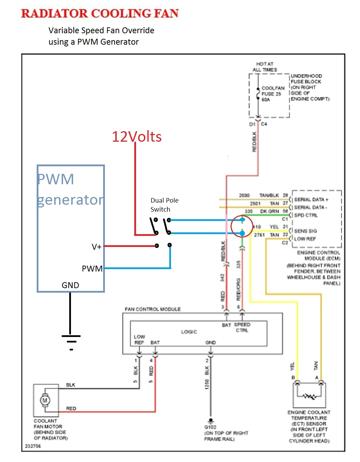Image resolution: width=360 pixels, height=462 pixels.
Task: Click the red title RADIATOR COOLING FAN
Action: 100,14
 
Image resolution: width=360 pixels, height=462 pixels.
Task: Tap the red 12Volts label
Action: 136,137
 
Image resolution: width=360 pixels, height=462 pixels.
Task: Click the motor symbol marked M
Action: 45,400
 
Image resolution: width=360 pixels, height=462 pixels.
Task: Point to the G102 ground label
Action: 210,427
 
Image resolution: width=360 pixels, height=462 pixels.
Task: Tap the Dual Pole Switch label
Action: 164,205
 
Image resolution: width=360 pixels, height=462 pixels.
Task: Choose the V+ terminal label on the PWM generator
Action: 97,247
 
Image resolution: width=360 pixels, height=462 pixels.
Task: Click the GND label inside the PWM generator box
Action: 70,285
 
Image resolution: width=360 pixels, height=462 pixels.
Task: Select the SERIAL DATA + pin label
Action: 311,199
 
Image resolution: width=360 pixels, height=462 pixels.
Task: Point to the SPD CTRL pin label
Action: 306,215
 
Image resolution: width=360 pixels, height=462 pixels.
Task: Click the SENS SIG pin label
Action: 305,231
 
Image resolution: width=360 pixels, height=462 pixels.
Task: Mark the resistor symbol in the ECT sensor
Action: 309,396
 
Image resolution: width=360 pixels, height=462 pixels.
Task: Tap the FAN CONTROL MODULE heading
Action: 153,309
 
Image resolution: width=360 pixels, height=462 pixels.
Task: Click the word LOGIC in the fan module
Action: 189,332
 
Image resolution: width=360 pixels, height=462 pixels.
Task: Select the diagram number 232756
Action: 33,446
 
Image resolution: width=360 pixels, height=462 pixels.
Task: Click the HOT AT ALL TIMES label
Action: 265,67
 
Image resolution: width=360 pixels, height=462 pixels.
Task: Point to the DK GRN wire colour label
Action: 269,211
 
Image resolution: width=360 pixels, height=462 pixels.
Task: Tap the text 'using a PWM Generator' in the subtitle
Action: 93,42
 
